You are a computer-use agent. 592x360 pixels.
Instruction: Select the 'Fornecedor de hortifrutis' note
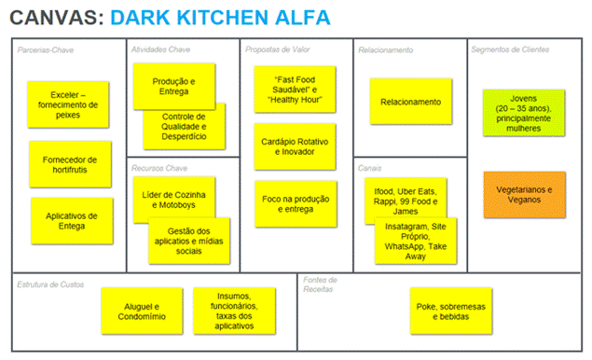(x=70, y=164)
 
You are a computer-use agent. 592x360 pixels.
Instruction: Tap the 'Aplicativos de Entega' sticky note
(x=71, y=222)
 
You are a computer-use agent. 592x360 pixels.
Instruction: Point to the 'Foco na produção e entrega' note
(x=293, y=203)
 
